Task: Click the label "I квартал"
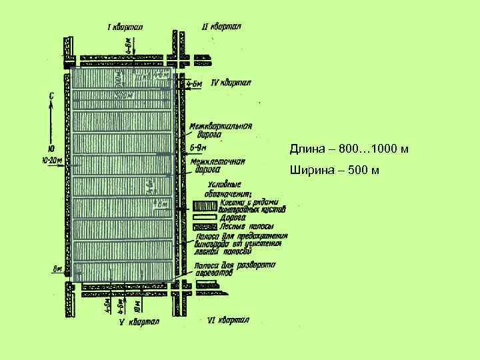(129, 27)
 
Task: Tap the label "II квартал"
(221, 27)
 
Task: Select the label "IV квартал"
(230, 83)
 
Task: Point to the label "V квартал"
(139, 322)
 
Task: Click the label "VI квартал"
(228, 321)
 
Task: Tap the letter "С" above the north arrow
(52, 95)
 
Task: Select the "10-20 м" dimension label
(51, 160)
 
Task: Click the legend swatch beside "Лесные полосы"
(204, 227)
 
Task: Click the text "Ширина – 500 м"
(335, 171)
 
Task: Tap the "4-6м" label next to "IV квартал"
(195, 85)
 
